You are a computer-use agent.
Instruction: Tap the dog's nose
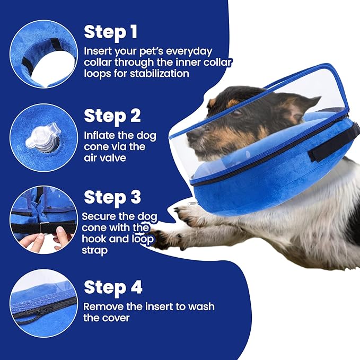tap(189, 137)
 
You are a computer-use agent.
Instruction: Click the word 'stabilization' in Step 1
tap(159, 74)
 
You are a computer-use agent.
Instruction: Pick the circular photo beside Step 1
tap(43, 53)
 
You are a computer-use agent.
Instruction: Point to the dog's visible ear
tap(297, 106)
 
